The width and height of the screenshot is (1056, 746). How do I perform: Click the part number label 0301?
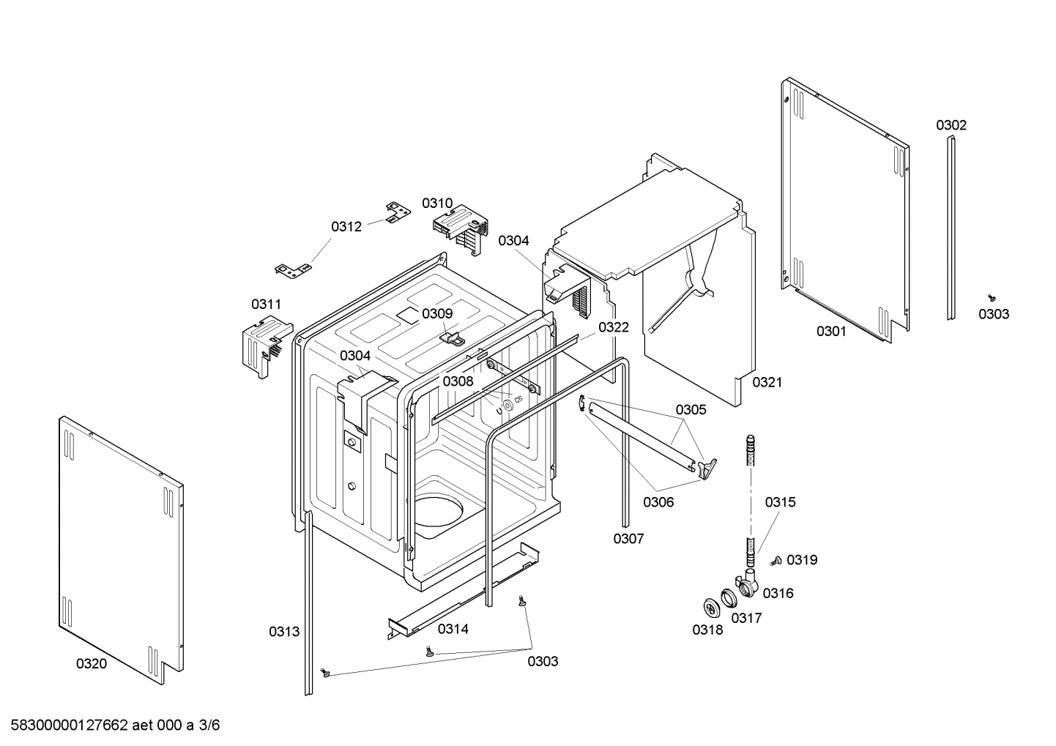[831, 332]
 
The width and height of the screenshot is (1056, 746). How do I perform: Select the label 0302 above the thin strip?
[951, 125]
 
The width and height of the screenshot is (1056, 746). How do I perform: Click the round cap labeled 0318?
[709, 606]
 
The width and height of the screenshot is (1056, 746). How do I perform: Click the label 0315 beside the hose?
[780, 502]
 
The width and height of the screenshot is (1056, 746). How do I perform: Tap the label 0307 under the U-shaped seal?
[628, 539]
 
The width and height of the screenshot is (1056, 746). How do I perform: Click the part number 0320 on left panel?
[91, 663]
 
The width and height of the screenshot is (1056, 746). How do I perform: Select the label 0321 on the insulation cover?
[767, 382]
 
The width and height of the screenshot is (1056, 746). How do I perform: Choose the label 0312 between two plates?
[346, 226]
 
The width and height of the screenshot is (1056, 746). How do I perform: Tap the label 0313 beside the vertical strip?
[283, 631]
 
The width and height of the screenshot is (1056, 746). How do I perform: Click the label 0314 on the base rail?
[453, 628]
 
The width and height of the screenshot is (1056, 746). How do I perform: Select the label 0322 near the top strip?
[613, 327]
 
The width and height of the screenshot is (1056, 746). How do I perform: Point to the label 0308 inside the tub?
[458, 381]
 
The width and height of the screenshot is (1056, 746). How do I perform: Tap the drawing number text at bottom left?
[111, 726]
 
